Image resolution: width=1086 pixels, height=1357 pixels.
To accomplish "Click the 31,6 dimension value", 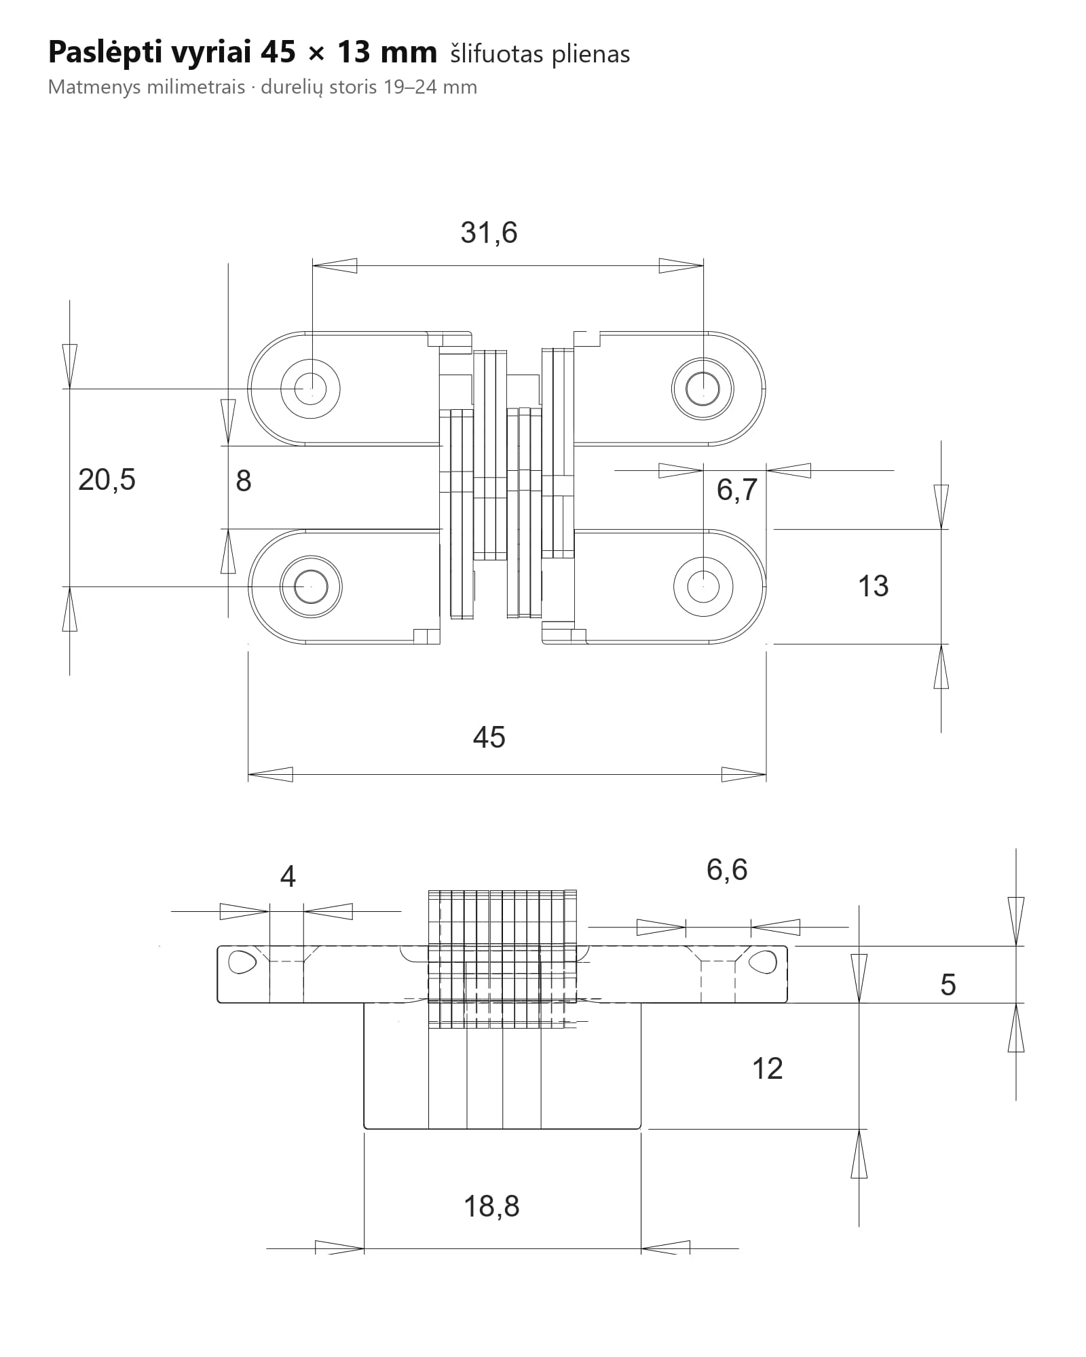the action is (489, 233).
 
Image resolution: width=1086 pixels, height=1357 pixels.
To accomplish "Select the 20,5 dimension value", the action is (107, 480).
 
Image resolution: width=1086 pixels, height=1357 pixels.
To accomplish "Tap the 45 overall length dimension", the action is (489, 737).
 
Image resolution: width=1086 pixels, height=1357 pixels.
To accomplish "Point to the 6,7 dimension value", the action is (736, 489).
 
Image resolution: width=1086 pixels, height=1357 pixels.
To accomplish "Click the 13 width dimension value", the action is (873, 586).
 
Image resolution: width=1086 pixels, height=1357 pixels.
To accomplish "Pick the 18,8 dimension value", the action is (491, 1206).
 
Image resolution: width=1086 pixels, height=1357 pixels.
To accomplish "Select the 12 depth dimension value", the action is (768, 1069).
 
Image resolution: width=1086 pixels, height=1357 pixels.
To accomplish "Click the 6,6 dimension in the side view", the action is (727, 870).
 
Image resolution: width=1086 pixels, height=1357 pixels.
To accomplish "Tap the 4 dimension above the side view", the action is (288, 877).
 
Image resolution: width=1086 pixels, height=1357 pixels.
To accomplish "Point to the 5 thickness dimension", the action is (948, 985).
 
